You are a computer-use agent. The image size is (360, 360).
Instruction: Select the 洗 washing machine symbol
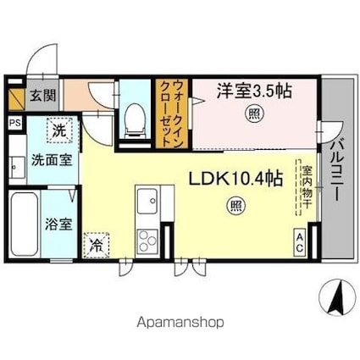[58, 130]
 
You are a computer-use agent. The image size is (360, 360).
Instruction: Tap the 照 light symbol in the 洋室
[253, 114]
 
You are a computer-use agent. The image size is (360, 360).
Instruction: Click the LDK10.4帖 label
[231, 179]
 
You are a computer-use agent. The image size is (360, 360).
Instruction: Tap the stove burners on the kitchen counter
[143, 235]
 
